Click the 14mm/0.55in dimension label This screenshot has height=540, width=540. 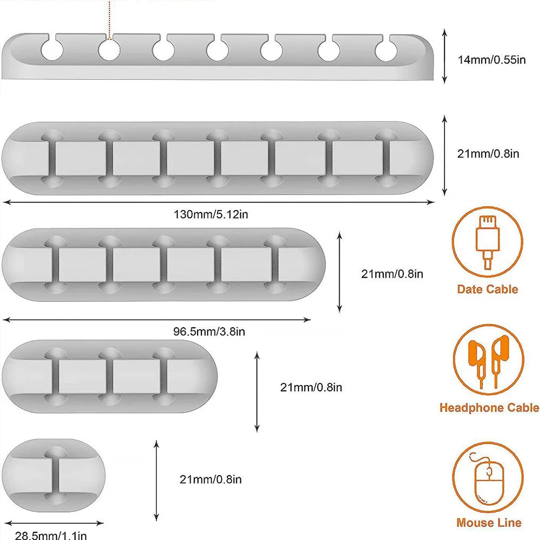click(491, 59)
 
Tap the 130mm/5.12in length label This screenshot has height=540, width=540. click(211, 214)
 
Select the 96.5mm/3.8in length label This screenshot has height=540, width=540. click(209, 332)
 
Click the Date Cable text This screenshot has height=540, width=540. click(487, 289)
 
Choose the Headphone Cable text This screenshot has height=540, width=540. click(489, 408)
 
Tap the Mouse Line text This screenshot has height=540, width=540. click(489, 522)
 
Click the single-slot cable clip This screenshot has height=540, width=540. click(53, 475)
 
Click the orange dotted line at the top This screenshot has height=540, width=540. click(110, 19)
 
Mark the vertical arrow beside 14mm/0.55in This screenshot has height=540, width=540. click(444, 57)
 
